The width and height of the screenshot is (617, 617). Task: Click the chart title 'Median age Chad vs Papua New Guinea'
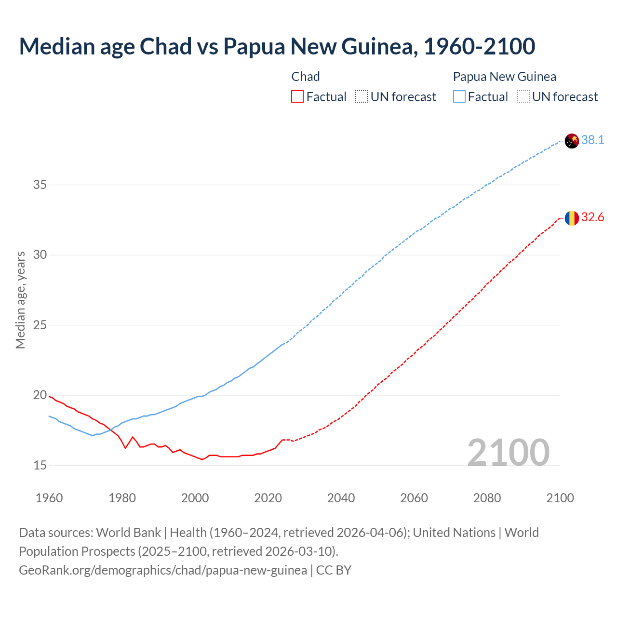(277, 46)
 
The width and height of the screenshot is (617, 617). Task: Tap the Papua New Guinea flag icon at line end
(572, 141)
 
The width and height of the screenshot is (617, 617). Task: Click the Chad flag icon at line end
(572, 218)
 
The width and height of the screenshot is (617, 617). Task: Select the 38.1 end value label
(592, 140)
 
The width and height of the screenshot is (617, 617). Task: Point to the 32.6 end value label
(592, 217)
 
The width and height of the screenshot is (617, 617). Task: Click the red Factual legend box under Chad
(297, 97)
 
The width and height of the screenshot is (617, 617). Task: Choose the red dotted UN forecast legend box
(362, 97)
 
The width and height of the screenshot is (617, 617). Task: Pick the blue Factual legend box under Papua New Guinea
(459, 97)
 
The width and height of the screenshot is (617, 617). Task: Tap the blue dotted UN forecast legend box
(523, 97)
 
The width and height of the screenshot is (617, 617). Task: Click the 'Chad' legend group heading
(306, 77)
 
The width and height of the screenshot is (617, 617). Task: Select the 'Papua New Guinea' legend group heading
(504, 77)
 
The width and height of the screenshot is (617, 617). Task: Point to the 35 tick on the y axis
(40, 185)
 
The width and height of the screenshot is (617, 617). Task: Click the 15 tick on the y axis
(40, 466)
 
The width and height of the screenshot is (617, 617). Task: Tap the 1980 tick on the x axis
(122, 498)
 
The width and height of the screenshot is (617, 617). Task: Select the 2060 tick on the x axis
(414, 498)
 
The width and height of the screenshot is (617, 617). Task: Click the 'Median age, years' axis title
(20, 300)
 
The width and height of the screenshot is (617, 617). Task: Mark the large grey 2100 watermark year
(508, 452)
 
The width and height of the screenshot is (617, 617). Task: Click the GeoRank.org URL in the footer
(163, 570)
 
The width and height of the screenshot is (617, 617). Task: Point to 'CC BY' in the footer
(334, 570)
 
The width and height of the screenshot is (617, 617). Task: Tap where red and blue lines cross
(110, 429)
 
